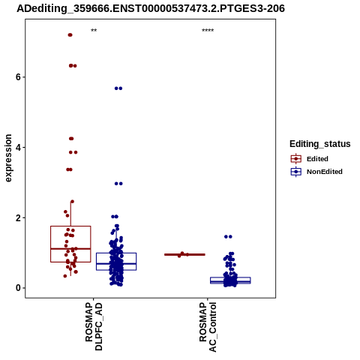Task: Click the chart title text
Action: click(x=151, y=9)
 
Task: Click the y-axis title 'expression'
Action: click(x=8, y=158)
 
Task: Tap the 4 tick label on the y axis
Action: click(x=18, y=147)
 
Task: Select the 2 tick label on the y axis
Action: click(x=18, y=217)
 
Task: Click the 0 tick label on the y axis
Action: click(x=18, y=288)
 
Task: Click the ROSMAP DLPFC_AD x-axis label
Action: click(x=94, y=326)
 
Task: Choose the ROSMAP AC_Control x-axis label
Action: click(x=208, y=327)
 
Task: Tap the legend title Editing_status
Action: click(x=320, y=144)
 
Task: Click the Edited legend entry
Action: click(x=310, y=159)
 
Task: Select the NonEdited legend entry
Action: click(x=316, y=172)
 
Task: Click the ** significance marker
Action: click(x=94, y=31)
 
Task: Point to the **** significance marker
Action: click(x=208, y=31)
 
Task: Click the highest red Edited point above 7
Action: click(x=70, y=35)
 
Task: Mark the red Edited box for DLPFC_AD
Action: click(x=70, y=244)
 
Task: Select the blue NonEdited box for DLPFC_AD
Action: click(x=116, y=262)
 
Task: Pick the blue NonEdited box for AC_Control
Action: click(x=230, y=280)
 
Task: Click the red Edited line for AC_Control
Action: click(x=184, y=254)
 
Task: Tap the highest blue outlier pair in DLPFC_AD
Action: click(x=118, y=88)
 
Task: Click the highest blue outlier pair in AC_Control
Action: click(x=228, y=236)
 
